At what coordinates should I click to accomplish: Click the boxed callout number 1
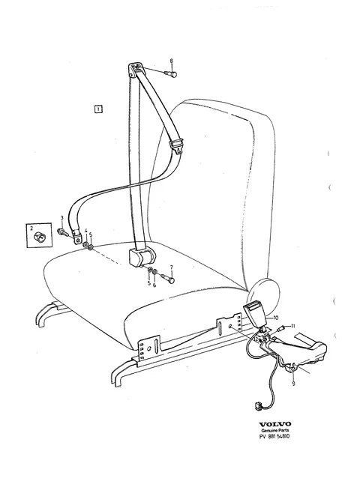[98, 109]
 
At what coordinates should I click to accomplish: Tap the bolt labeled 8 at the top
[171, 74]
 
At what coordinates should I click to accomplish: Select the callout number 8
[172, 61]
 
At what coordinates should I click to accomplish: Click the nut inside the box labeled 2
[40, 237]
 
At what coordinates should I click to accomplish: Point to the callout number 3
[61, 217]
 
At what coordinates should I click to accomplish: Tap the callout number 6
[154, 285]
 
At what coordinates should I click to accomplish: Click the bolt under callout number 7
[168, 279]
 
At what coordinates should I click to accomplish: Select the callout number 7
[171, 267]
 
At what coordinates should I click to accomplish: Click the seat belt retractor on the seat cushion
[142, 255]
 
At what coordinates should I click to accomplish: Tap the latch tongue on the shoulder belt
[177, 145]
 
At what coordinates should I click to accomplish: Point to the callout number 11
[292, 326]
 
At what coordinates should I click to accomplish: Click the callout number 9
[293, 384]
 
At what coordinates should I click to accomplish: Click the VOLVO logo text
[274, 424]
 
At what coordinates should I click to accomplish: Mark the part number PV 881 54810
[274, 437]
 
